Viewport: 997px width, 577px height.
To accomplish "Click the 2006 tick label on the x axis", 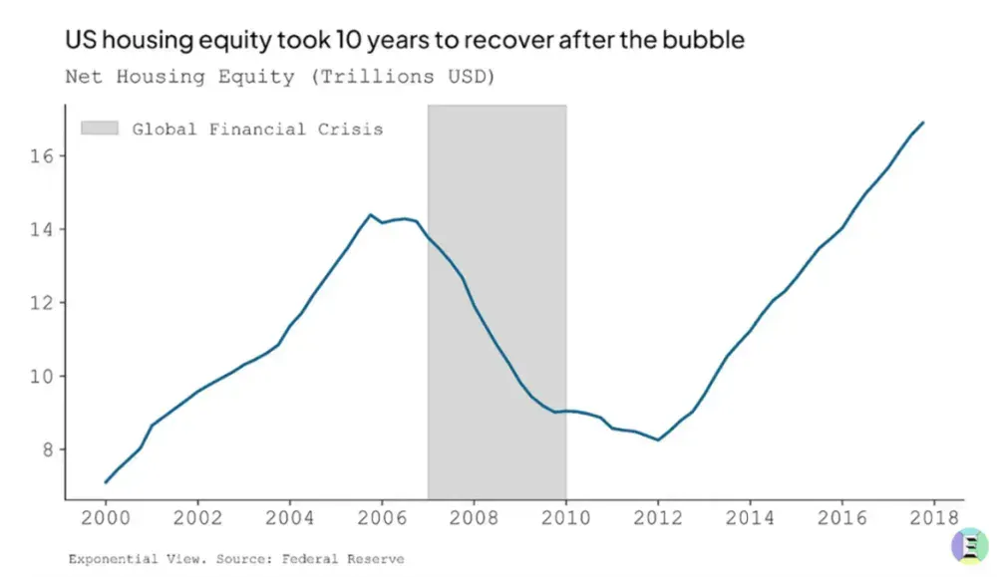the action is pyautogui.click(x=382, y=518).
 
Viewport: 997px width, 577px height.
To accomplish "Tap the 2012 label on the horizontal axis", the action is pyautogui.click(x=657, y=518).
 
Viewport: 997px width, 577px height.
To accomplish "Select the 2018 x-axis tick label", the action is pyautogui.click(x=933, y=518).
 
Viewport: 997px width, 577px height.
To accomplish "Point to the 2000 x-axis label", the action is pyautogui.click(x=106, y=518).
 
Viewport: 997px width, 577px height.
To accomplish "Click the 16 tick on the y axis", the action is pyautogui.click(x=41, y=155).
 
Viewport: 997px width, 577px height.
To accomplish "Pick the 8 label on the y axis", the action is pyautogui.click(x=48, y=449).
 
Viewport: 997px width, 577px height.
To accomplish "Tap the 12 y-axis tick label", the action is pyautogui.click(x=41, y=303).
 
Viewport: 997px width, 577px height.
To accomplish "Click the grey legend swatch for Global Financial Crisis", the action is pyautogui.click(x=100, y=129).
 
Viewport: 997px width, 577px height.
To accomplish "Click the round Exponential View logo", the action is pyautogui.click(x=970, y=545).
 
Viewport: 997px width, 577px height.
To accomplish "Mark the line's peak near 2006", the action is pyautogui.click(x=370, y=215).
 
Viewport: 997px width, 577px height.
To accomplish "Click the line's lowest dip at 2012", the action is pyautogui.click(x=658, y=439).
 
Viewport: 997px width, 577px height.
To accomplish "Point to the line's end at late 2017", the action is pyautogui.click(x=923, y=123).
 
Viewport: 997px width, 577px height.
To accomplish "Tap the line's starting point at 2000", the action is pyautogui.click(x=106, y=482).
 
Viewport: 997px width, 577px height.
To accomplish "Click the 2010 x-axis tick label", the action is pyautogui.click(x=566, y=518).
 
